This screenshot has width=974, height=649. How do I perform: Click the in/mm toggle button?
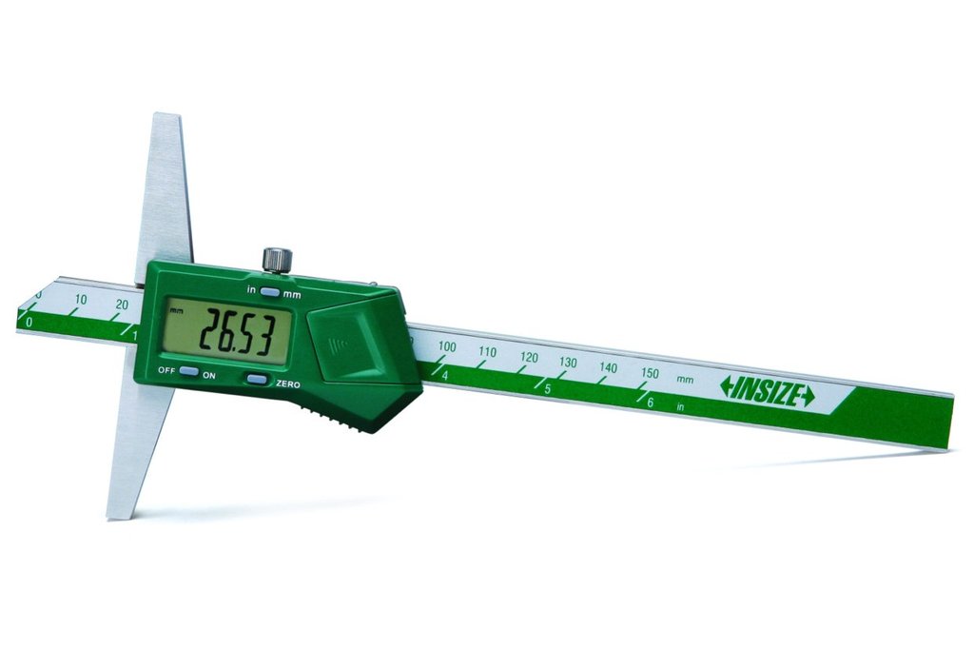pos(270,291)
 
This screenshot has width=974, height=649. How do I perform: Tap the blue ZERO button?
pos(257,379)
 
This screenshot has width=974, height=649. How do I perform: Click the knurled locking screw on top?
pos(277,259)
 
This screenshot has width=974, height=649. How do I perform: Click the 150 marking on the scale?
pos(650,373)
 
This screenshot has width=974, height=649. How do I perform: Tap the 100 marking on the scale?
pos(447,346)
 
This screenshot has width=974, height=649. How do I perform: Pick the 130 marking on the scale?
pos(568,363)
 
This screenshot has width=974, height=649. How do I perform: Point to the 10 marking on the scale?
pos(81,300)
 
